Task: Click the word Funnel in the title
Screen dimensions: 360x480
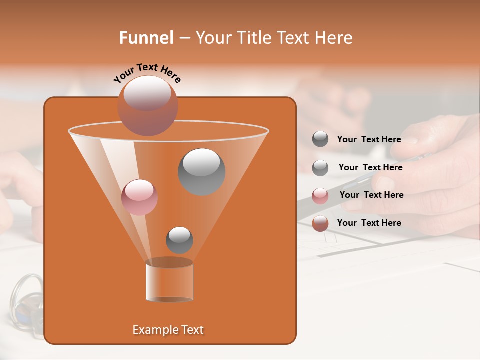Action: click(x=146, y=38)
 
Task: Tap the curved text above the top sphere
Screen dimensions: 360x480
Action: click(x=147, y=73)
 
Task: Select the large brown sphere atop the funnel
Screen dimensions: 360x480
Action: click(x=147, y=106)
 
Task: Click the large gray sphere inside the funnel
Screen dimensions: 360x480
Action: click(x=201, y=172)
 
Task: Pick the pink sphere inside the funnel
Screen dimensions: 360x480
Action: click(x=139, y=197)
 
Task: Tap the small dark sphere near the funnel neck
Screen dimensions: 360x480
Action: click(x=179, y=240)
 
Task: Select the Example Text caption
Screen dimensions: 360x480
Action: click(x=168, y=330)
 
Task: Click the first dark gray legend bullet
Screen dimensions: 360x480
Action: click(x=320, y=139)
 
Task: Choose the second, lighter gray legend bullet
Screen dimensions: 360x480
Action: click(x=320, y=167)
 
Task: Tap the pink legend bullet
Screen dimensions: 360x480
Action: click(x=320, y=195)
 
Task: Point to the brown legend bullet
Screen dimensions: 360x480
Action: click(x=320, y=223)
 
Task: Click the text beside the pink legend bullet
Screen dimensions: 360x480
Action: click(x=371, y=195)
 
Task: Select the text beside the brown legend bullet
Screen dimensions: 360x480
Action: click(x=369, y=223)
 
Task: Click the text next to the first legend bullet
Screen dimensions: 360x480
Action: click(x=369, y=139)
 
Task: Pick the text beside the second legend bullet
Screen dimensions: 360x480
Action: click(x=370, y=167)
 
